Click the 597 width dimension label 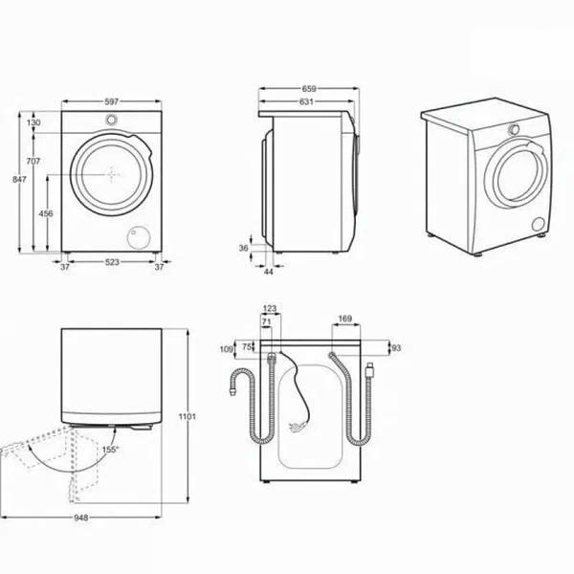click(x=112, y=101)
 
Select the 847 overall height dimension click(x=19, y=180)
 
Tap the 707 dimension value click(x=33, y=161)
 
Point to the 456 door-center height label click(x=46, y=213)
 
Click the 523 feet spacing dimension click(x=112, y=262)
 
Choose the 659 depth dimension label click(x=309, y=89)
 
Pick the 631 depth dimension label click(x=306, y=101)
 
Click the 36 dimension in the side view click(x=243, y=248)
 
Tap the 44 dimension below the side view click(x=268, y=272)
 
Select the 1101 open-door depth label click(x=188, y=416)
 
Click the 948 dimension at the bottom click(x=81, y=518)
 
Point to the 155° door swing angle click(x=111, y=450)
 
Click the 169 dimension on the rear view click(x=344, y=319)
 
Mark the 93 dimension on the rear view click(x=396, y=348)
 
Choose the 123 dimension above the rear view click(x=270, y=309)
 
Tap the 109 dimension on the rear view click(x=226, y=349)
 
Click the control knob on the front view click(x=111, y=120)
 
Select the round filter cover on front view click(x=139, y=237)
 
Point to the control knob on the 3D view click(x=514, y=129)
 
